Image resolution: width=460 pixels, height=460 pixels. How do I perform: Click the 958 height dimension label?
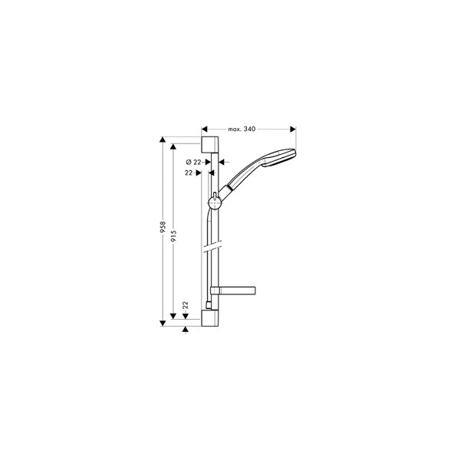coord(163,228)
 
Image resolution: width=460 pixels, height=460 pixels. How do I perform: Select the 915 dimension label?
coord(174,236)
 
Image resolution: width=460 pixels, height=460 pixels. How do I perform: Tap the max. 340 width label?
coord(242,129)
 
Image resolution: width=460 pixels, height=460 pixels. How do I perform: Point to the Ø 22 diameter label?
coord(194,162)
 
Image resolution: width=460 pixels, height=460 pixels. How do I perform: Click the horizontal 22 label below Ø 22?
coord(189,173)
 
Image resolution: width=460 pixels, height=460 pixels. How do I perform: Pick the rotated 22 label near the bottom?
coord(185,305)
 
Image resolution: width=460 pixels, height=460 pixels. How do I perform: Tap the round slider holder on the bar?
coord(215,203)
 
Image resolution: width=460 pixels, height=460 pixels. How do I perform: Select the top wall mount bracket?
coord(210,144)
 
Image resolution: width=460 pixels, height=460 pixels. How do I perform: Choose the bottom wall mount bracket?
coord(210,318)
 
